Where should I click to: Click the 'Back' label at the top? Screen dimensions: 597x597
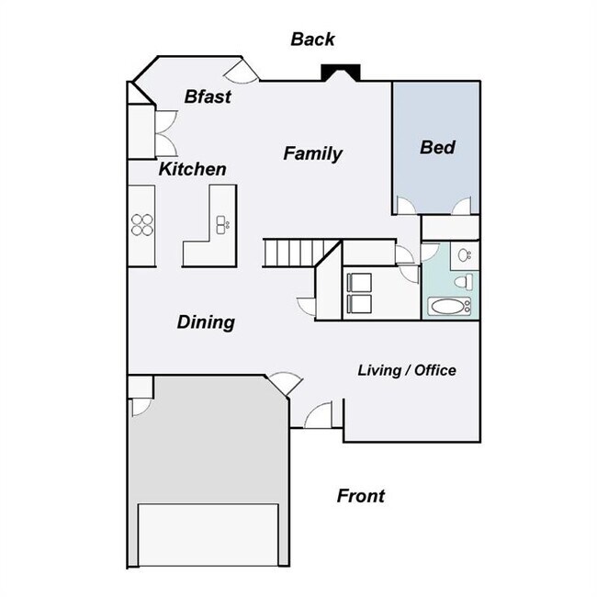click(x=312, y=39)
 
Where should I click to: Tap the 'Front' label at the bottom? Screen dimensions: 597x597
click(x=360, y=497)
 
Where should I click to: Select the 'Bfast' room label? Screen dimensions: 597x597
click(x=207, y=96)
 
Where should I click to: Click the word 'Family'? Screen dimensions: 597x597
click(x=312, y=153)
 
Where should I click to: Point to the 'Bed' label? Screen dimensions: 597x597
click(x=437, y=147)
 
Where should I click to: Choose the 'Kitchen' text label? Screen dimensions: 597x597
click(x=192, y=170)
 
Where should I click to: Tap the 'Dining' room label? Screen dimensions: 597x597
click(x=206, y=322)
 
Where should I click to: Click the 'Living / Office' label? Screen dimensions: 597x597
click(x=406, y=370)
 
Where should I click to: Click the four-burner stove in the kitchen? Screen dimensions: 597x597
click(x=142, y=224)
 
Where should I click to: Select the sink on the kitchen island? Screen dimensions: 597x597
click(x=221, y=222)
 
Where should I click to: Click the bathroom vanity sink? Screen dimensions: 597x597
click(x=465, y=255)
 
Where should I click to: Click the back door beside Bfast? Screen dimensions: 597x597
click(x=246, y=71)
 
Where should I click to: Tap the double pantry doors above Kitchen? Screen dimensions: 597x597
click(x=165, y=134)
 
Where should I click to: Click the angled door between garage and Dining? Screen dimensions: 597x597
click(x=279, y=384)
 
